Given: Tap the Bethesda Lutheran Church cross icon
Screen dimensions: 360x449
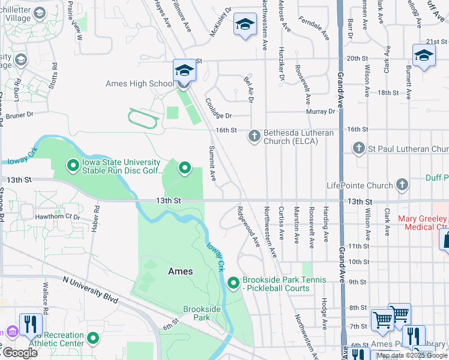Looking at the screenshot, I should [254, 136].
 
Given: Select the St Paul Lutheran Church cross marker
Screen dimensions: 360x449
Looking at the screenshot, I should [359, 148].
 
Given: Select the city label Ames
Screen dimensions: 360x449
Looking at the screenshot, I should [180, 271].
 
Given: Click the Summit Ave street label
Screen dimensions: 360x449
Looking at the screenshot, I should [212, 163].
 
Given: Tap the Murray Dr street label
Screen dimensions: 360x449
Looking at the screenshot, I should [323, 112].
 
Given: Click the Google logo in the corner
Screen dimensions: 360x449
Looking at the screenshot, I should [19, 353].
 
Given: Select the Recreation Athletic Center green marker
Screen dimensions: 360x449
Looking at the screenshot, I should [93, 339].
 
